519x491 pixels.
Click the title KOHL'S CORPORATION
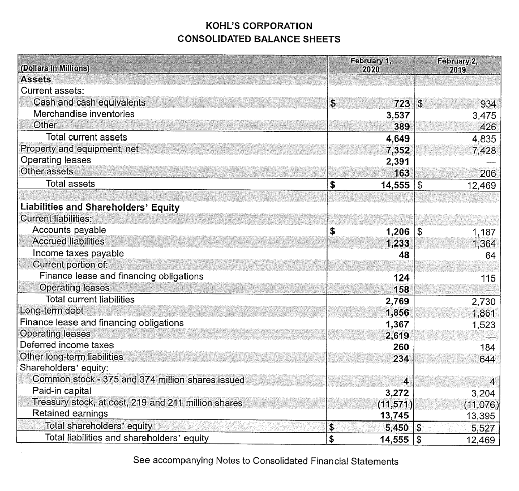click(x=259, y=25)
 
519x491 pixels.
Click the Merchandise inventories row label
click(x=84, y=114)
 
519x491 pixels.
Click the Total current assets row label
click(x=86, y=137)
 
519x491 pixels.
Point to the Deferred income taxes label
click(x=66, y=345)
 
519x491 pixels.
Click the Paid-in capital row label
click(x=62, y=391)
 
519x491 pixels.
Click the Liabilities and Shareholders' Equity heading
click(x=99, y=207)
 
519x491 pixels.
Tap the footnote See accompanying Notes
click(x=266, y=461)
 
